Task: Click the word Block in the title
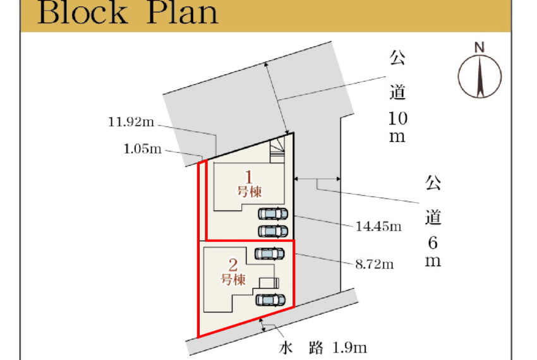[82, 13]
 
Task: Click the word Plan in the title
[182, 13]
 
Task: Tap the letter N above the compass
[480, 47]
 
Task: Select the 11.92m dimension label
[131, 122]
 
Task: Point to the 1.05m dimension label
[143, 148]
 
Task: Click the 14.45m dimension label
[378, 226]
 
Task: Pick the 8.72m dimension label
[375, 264]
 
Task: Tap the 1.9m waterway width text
[349, 347]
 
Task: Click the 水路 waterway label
[301, 348]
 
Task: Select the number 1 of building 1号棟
[249, 177]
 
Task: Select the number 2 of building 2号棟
[233, 265]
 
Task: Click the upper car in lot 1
[273, 213]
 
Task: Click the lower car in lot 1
[273, 231]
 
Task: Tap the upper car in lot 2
[270, 254]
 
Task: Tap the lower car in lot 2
[270, 300]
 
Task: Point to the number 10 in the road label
[397, 119]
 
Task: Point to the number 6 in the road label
[433, 243]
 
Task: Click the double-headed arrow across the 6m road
[317, 179]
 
